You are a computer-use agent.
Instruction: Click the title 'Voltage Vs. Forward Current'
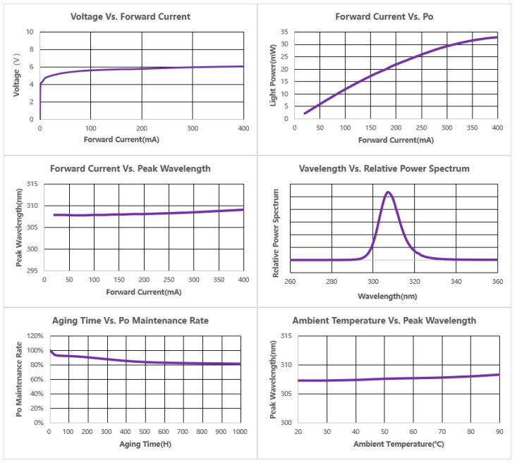click(130, 16)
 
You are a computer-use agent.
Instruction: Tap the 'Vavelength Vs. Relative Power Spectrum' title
click(384, 168)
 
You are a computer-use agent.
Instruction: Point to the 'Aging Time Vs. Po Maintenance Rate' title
click(130, 321)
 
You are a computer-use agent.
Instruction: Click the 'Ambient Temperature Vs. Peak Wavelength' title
click(384, 321)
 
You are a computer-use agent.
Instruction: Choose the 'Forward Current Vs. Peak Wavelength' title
click(130, 168)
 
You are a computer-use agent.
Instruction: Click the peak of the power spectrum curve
click(388, 192)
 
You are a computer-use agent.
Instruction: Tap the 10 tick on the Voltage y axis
click(30, 32)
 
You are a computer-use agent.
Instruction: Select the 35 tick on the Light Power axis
click(284, 32)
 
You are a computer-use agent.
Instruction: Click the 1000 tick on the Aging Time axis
click(241, 431)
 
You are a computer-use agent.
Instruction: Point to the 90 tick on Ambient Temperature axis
click(499, 431)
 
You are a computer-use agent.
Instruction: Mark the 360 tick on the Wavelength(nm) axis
click(497, 282)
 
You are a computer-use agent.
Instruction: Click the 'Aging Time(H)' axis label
click(145, 444)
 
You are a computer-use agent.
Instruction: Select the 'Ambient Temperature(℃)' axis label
click(398, 444)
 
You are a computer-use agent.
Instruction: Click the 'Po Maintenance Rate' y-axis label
click(19, 379)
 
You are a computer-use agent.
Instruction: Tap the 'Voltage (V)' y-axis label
click(16, 76)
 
